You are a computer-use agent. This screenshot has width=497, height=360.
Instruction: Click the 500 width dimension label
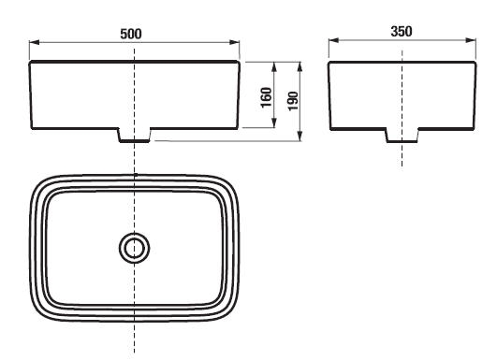[131, 34]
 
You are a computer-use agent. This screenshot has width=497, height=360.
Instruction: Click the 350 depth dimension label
[402, 32]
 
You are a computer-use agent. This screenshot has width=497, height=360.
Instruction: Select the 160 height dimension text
[266, 97]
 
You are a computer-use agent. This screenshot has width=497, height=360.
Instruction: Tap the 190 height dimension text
[293, 101]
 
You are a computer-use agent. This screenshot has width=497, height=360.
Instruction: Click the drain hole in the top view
[135, 248]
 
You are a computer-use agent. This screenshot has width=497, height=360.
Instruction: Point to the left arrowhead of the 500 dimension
[35, 42]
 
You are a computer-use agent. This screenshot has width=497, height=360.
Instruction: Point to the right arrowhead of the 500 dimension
[235, 42]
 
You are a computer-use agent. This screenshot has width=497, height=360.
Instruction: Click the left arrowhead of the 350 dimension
[334, 40]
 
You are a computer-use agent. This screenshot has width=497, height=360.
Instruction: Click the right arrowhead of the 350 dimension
[471, 40]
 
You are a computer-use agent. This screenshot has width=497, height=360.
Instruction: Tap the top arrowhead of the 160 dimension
[274, 66]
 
